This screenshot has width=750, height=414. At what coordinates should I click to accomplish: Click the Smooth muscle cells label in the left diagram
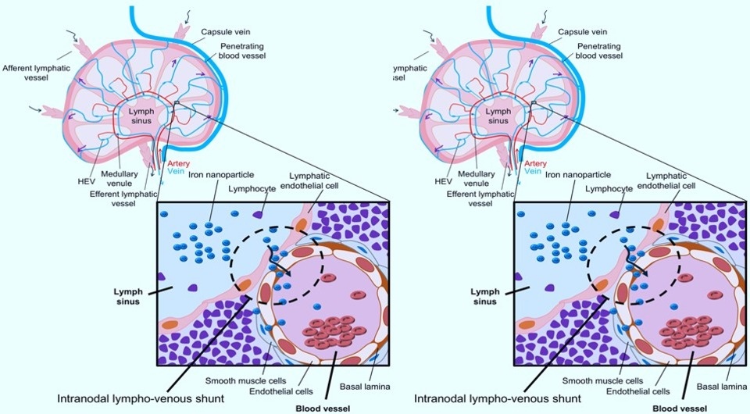[241, 380]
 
